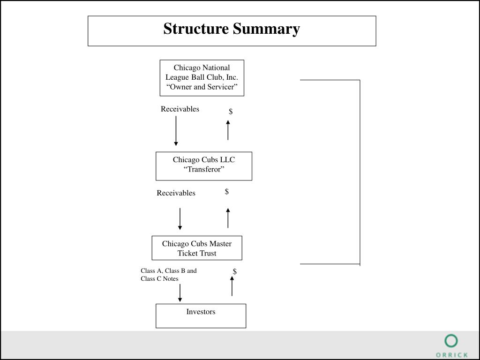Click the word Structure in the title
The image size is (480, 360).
[x=196, y=29]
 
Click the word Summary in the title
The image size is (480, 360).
[x=266, y=30]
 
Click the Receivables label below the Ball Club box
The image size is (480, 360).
[x=180, y=109]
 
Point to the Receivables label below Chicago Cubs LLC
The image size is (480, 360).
[x=176, y=193]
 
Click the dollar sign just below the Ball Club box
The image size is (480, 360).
[x=231, y=112]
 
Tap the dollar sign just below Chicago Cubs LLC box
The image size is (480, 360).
[x=227, y=192]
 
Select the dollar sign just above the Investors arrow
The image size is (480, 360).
[x=235, y=271]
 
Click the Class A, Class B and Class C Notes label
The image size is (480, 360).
[x=169, y=275]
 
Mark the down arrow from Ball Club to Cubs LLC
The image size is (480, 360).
[x=176, y=131]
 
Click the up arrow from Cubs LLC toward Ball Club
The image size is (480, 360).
[x=228, y=130]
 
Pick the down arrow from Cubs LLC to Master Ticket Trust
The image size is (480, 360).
[x=180, y=219]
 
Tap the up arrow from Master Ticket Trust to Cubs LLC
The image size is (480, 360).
[x=228, y=218]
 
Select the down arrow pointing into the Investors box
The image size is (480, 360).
[x=180, y=293]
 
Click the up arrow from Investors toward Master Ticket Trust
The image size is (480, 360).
[x=232, y=286]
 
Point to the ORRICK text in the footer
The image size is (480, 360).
[x=452, y=355]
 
